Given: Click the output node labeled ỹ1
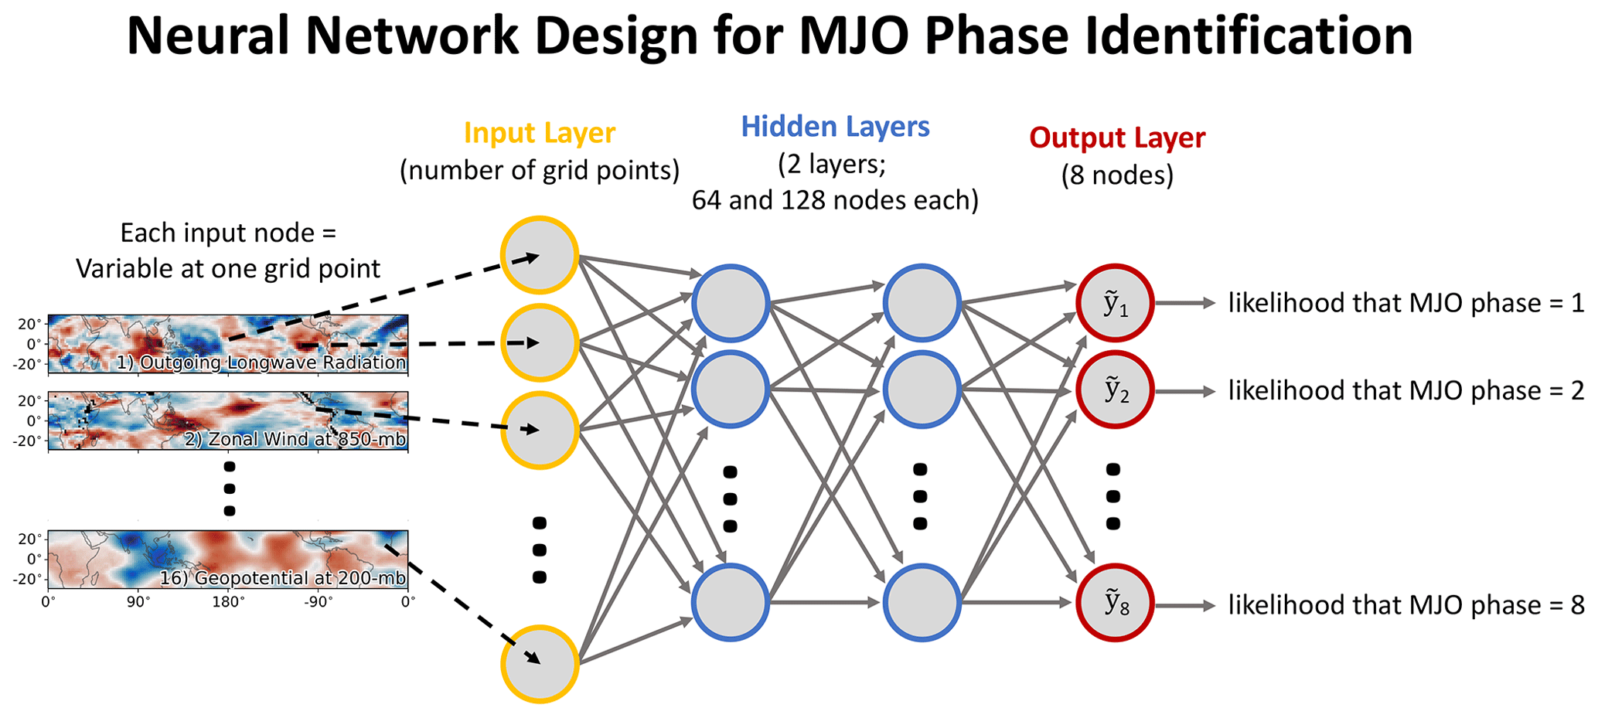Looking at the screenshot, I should (x=1115, y=303).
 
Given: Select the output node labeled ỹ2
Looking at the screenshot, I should (x=1115, y=390).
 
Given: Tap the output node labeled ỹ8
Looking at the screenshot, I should (x=1115, y=603).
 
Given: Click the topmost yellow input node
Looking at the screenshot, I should (x=540, y=255).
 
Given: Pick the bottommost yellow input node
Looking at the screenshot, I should (x=540, y=664).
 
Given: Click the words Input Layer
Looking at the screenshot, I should (x=540, y=133).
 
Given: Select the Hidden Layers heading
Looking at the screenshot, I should (x=835, y=127).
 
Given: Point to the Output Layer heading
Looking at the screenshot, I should (x=1117, y=138).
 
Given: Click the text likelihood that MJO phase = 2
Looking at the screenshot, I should (x=1406, y=391).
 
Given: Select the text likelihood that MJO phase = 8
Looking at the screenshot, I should (x=1406, y=605).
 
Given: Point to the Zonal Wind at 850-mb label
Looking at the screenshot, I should (x=295, y=440).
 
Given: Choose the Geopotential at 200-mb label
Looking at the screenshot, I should (x=282, y=578).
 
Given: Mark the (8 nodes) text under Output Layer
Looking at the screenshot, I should (x=1117, y=175).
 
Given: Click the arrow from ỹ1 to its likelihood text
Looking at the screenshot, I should (x=1185, y=303).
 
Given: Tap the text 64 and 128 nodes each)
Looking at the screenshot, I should (x=835, y=200).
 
